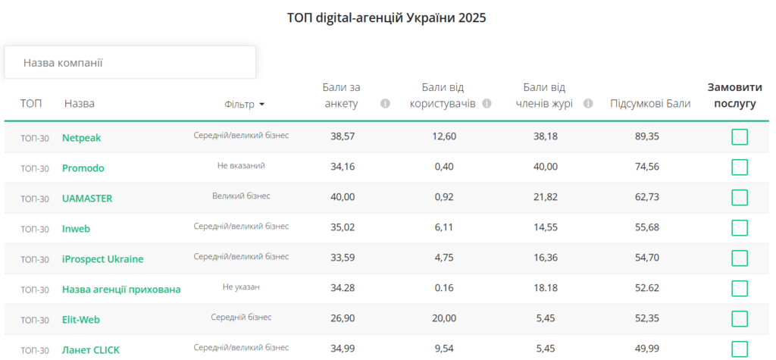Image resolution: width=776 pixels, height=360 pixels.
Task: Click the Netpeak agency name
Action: pyautogui.click(x=81, y=138)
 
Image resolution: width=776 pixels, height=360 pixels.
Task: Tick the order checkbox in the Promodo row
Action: pyautogui.click(x=739, y=167)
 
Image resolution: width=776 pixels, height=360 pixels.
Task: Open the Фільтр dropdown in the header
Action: pyautogui.click(x=245, y=105)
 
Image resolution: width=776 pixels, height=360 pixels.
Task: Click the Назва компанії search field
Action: pyautogui.click(x=130, y=62)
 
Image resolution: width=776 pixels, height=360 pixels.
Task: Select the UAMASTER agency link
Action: pyautogui.click(x=87, y=199)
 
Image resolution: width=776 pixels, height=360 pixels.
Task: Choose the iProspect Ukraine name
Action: pyautogui.click(x=102, y=259)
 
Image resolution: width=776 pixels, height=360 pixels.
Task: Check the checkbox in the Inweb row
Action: pyautogui.click(x=739, y=228)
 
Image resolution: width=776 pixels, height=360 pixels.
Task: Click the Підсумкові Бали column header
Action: pyautogui.click(x=649, y=104)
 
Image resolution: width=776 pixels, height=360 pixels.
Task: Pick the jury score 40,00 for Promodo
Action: pyautogui.click(x=546, y=167)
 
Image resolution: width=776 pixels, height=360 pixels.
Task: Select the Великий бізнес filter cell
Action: pyautogui.click(x=241, y=196)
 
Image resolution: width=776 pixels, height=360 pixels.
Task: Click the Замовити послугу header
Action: pyautogui.click(x=734, y=95)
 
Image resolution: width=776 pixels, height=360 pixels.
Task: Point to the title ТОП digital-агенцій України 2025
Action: pyautogui.click(x=386, y=17)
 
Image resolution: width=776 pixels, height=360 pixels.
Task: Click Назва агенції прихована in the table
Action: pyautogui.click(x=121, y=290)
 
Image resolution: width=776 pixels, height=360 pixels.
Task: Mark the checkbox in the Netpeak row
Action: pyautogui.click(x=739, y=137)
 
